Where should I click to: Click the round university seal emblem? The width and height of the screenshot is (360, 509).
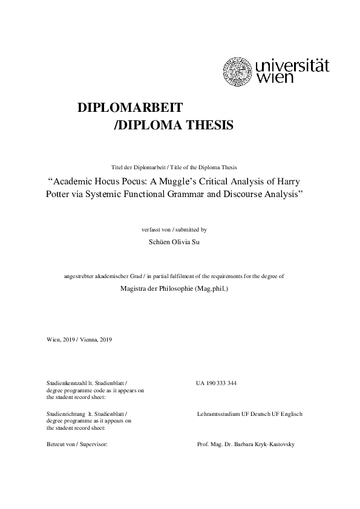[239, 71]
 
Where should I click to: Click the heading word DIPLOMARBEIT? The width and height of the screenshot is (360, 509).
[130, 107]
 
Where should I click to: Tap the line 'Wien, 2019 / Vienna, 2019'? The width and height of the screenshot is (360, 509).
[79, 339]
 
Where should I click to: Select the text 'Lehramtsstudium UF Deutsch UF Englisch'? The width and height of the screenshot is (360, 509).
[249, 414]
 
